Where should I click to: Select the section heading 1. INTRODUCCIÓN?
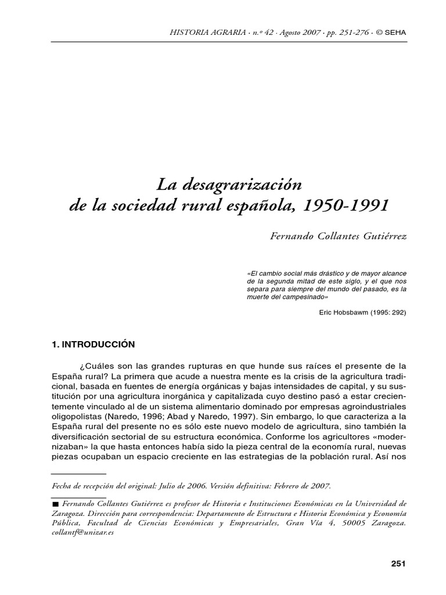coord(93,344)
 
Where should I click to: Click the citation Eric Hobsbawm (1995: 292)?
coord(362,312)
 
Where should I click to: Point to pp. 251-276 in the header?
coord(337,33)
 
